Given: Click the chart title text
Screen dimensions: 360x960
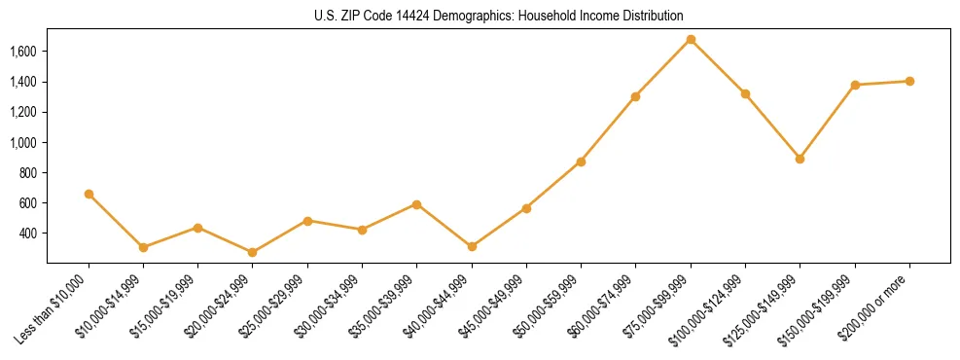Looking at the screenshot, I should (498, 17).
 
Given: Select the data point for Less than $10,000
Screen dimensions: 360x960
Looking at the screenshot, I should (89, 194).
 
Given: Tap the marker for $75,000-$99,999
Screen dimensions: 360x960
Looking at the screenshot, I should (691, 39).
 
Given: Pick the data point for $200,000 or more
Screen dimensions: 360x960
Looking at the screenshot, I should (909, 81).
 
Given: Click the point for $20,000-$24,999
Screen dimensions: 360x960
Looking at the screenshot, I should (253, 252).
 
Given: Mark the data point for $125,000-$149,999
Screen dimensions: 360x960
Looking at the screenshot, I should (800, 159).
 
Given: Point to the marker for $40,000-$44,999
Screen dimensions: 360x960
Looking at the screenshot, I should (472, 247).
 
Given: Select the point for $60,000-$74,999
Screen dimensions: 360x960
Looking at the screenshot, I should (636, 96).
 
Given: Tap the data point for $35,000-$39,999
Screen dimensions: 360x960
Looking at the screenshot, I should (417, 204).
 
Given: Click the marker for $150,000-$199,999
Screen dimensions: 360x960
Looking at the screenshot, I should (855, 85).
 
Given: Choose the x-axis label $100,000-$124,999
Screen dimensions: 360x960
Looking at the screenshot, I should (710, 307).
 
